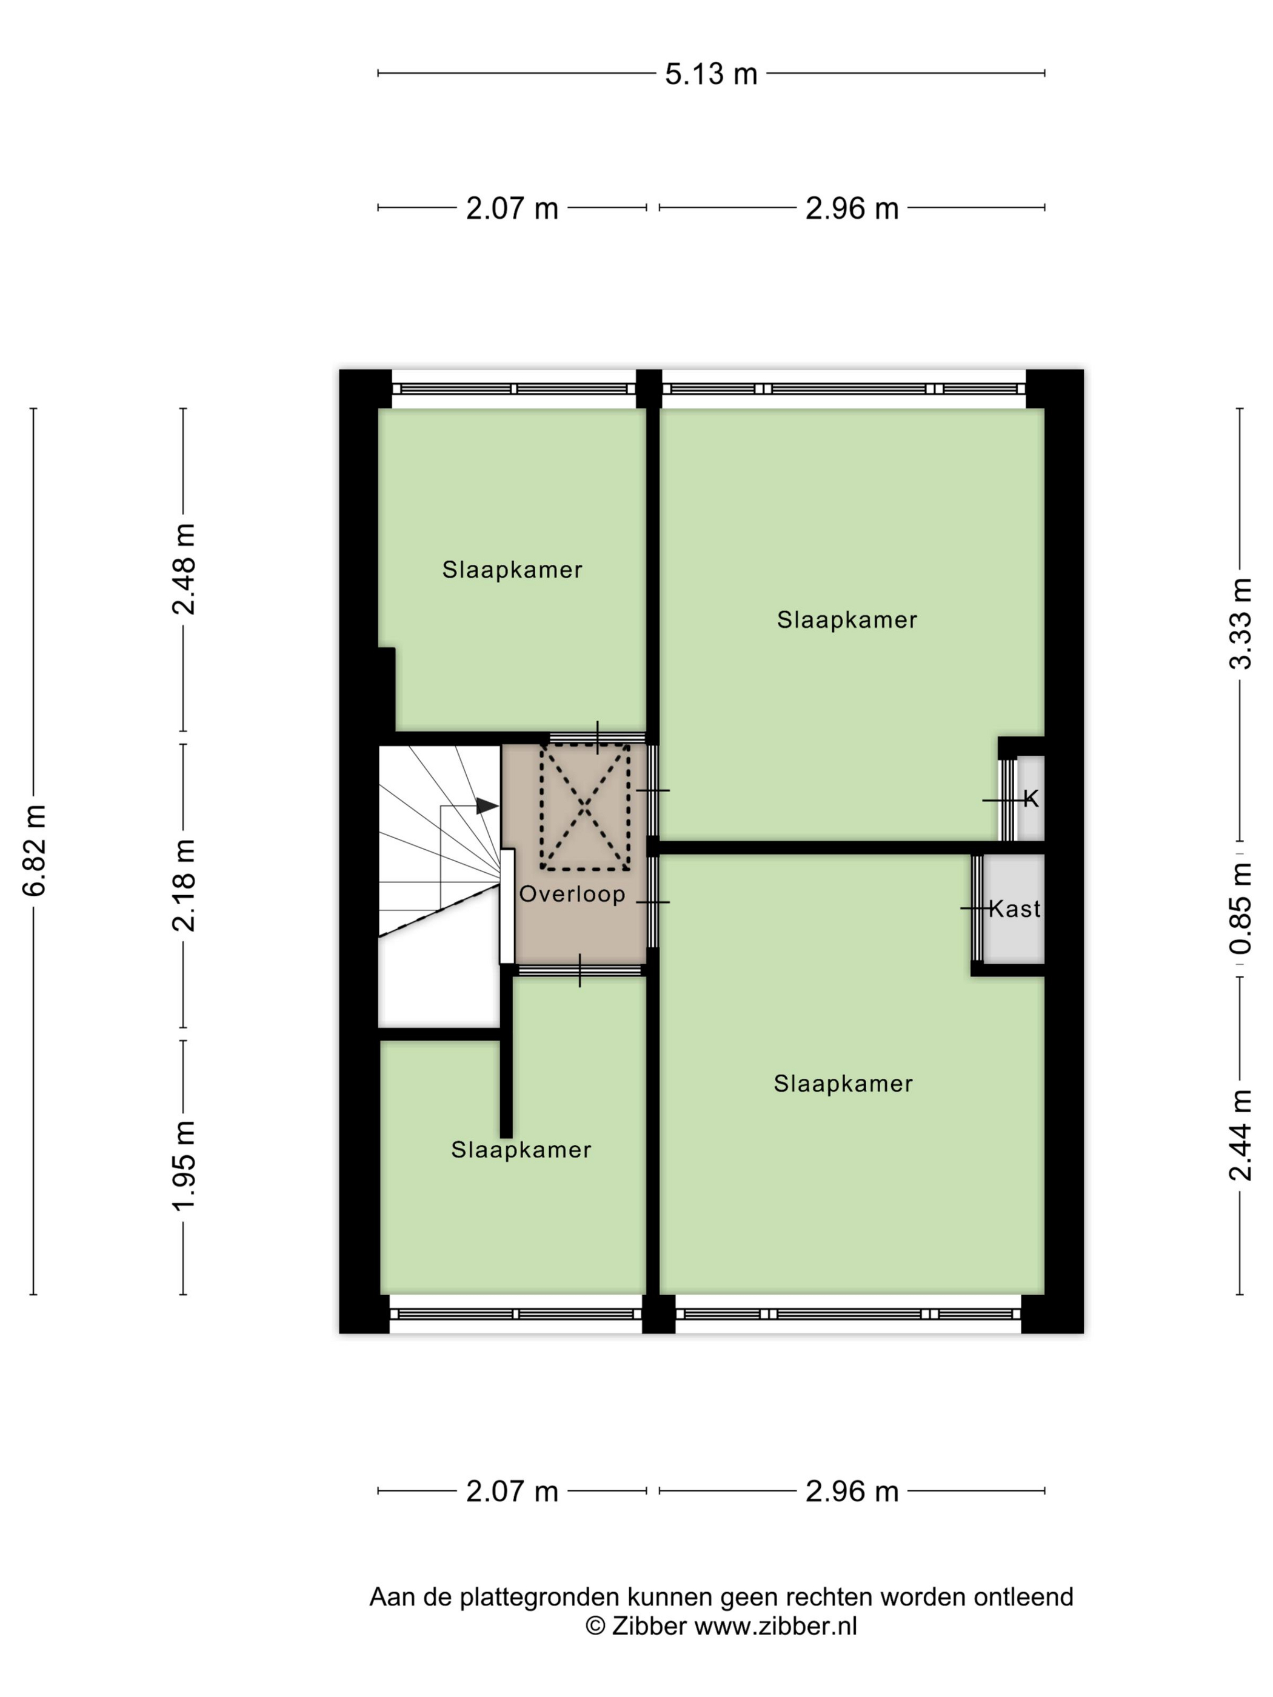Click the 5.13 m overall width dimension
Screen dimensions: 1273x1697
point(710,75)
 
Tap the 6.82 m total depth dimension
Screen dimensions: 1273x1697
point(35,850)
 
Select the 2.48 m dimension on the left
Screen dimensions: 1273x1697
point(184,569)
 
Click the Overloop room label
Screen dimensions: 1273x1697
point(572,895)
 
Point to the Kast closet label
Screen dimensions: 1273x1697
point(1014,909)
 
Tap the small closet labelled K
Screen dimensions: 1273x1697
point(1031,799)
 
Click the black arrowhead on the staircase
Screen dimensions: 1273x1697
point(487,805)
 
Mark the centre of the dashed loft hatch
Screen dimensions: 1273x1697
point(585,806)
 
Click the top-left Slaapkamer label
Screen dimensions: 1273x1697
point(512,570)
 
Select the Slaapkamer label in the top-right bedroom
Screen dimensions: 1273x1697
point(847,620)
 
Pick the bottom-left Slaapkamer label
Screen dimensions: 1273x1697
point(521,1150)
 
